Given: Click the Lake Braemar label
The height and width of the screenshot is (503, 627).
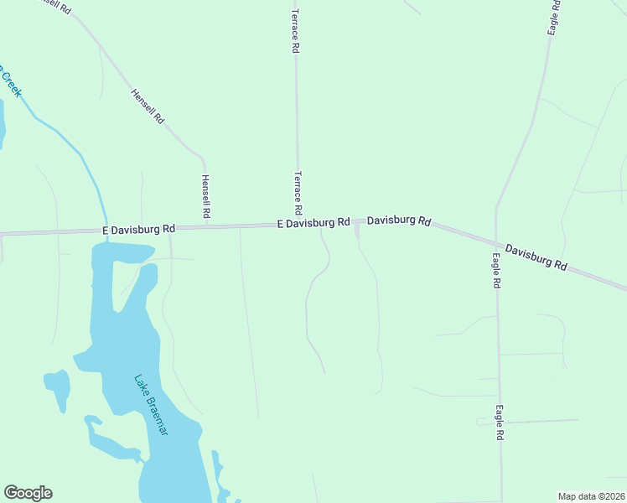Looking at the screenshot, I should coord(152,403).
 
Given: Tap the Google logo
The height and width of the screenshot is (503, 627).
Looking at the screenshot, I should coord(28,493).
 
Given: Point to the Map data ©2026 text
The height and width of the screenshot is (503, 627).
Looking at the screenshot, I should coord(591,495).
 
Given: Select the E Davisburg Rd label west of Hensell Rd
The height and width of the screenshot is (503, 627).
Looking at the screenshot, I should coord(138,228).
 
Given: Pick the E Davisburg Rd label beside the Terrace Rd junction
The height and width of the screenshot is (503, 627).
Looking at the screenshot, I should coord(313,223).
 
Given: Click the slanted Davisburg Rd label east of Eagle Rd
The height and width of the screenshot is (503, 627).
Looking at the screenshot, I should coord(536,257).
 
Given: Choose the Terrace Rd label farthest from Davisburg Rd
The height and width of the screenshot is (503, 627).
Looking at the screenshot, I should coord(295,31).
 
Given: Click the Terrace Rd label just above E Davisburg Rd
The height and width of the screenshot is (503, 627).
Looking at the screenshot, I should coord(297,192).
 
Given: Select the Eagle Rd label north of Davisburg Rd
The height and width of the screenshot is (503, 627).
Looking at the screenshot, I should coord(553,17).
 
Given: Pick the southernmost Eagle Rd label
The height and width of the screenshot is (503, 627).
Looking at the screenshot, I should coord(499,423).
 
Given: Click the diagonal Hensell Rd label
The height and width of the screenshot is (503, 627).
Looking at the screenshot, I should coord(147,106).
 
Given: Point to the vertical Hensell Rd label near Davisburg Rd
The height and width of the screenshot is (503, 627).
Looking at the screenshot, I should coord(205,198).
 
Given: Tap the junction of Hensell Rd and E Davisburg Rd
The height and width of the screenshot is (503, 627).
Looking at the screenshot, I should coord(205,226).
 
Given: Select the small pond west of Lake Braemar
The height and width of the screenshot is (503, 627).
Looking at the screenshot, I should coord(58,386).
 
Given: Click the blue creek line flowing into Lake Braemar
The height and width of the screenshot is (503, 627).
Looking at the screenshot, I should coord(92,177).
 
